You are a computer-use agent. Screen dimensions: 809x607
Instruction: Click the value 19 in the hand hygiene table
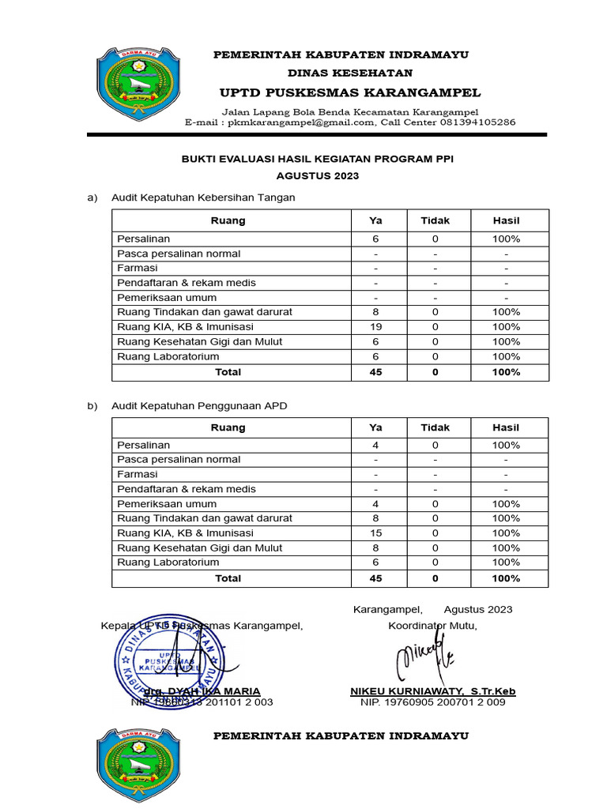pyautogui.click(x=375, y=327)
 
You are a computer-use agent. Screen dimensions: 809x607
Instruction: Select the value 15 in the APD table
pyautogui.click(x=375, y=533)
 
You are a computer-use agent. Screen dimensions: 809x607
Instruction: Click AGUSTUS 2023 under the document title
pyautogui.click(x=318, y=176)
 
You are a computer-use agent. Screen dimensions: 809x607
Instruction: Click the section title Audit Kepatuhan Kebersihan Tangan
pyautogui.click(x=203, y=198)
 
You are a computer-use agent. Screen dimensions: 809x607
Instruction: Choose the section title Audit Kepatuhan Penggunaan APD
pyautogui.click(x=199, y=406)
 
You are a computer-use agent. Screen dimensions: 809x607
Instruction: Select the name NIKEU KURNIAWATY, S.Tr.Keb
pyautogui.click(x=433, y=691)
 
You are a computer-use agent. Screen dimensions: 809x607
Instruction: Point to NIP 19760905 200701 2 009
pyautogui.click(x=432, y=702)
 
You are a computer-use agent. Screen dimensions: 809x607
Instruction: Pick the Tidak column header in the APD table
pyautogui.click(x=435, y=427)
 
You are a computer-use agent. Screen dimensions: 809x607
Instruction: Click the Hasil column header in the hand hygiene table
pyautogui.click(x=506, y=220)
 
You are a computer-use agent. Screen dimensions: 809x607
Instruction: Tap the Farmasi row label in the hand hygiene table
pyautogui.click(x=138, y=269)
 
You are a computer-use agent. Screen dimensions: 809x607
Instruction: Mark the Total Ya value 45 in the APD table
pyautogui.click(x=375, y=578)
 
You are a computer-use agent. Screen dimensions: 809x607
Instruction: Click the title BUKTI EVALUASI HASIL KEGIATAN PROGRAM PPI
pyautogui.click(x=318, y=160)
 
